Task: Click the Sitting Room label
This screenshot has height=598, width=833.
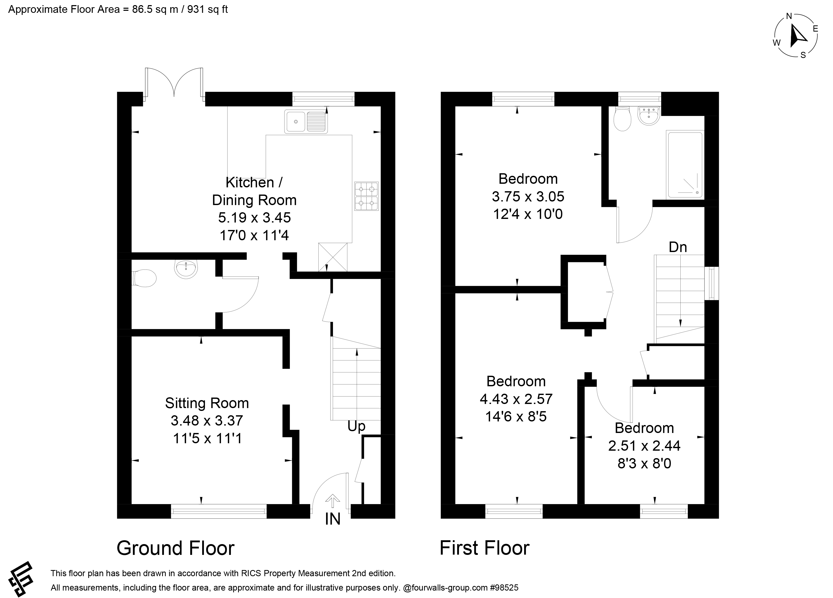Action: pyautogui.click(x=207, y=403)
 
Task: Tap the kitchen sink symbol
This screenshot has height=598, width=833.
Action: pyautogui.click(x=306, y=122)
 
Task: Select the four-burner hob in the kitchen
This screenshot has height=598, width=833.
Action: pyautogui.click(x=366, y=196)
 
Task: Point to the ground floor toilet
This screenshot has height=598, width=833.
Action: pyautogui.click(x=144, y=278)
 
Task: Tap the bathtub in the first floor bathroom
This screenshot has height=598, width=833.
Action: pyautogui.click(x=685, y=165)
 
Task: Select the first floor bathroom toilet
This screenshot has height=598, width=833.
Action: pyautogui.click(x=622, y=118)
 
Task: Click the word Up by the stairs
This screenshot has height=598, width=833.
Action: pyautogui.click(x=356, y=426)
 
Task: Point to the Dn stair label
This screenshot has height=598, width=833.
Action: pyautogui.click(x=678, y=247)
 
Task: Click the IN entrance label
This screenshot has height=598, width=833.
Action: pyautogui.click(x=333, y=519)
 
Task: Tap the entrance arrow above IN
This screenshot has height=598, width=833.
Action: pyautogui.click(x=333, y=500)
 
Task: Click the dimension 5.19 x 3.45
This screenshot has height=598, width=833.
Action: pyautogui.click(x=254, y=218)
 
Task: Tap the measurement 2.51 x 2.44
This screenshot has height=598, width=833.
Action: pyautogui.click(x=644, y=446)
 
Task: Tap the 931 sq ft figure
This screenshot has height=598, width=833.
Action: pyautogui.click(x=208, y=9)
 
